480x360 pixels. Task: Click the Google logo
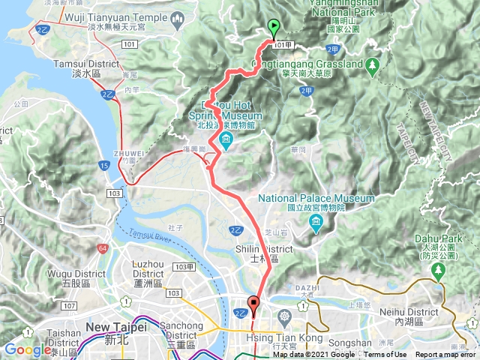[27, 349]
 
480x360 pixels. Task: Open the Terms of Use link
[385, 355]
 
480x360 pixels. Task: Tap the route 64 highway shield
[101, 248]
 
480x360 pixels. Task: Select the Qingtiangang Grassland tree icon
[372, 65]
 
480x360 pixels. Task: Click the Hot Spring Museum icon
[226, 139]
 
